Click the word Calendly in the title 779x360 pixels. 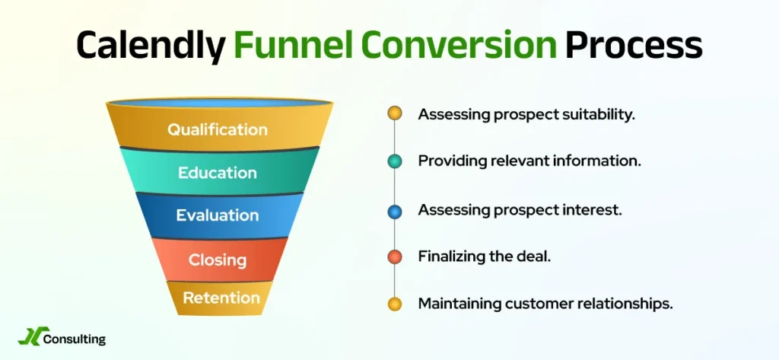[x=151, y=46]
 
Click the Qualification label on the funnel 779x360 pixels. [x=218, y=129]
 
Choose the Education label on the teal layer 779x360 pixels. [x=218, y=173]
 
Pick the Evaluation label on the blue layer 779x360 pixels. [x=218, y=215]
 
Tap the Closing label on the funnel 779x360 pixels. [x=218, y=260]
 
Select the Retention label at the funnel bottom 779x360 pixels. [x=221, y=298]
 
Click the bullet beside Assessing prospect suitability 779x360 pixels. [x=394, y=114]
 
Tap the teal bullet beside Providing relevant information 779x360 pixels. [x=394, y=161]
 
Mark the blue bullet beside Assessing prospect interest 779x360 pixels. [x=394, y=209]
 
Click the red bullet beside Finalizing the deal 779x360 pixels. [x=394, y=256]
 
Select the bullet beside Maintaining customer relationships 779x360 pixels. [x=394, y=304]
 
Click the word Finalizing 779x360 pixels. [x=453, y=256]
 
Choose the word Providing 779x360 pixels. [x=450, y=161]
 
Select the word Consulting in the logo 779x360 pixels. [x=75, y=339]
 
